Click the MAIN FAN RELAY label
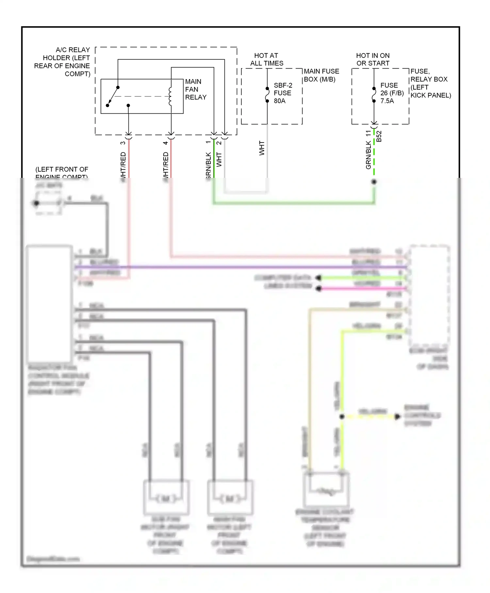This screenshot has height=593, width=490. (x=195, y=89)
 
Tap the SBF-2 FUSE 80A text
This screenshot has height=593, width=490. (x=283, y=93)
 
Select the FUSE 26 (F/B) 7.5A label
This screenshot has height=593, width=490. (x=391, y=93)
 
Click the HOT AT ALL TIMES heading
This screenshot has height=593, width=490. (x=267, y=59)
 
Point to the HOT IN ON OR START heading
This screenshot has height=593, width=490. (x=373, y=59)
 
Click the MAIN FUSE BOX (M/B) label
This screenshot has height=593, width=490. (x=321, y=75)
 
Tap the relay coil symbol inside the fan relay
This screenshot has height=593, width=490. (x=170, y=96)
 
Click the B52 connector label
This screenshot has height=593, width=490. (x=379, y=136)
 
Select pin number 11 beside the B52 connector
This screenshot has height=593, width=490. (x=368, y=133)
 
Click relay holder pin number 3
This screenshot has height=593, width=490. (x=123, y=143)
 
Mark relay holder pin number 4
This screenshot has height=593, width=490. (x=166, y=143)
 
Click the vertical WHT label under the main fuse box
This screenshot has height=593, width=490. (x=262, y=148)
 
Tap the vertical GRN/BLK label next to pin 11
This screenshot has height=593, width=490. (x=368, y=155)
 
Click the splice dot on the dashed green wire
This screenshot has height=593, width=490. (x=374, y=182)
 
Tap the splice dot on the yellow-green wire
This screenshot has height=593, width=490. (x=342, y=417)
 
